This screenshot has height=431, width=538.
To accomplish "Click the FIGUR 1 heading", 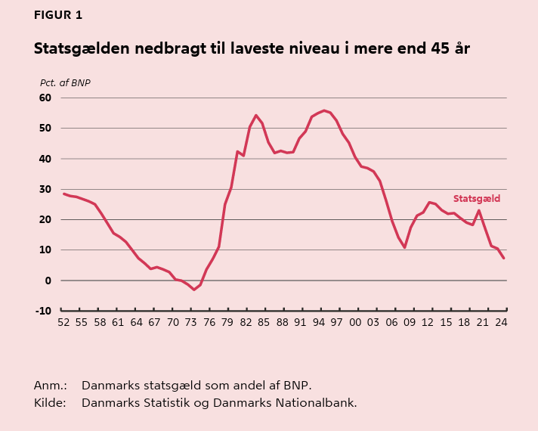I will (x=58, y=15).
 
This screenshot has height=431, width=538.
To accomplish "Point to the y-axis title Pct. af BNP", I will (x=65, y=82).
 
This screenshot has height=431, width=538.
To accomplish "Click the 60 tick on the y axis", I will (x=45, y=98).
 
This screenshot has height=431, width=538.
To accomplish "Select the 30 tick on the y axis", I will (x=45, y=189).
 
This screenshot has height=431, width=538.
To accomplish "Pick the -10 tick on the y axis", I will (x=43, y=311).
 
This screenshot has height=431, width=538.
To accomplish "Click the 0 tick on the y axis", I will (x=48, y=281).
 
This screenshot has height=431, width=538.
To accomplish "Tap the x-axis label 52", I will (x=63, y=322).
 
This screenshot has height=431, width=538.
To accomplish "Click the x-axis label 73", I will (x=191, y=322).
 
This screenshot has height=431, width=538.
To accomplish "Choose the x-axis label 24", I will (x=501, y=322).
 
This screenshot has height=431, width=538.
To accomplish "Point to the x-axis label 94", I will (x=319, y=322).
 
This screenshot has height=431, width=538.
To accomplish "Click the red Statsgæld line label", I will (x=476, y=199).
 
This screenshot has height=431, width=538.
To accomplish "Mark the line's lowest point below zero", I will (x=193, y=290).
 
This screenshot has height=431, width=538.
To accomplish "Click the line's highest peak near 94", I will (x=324, y=110).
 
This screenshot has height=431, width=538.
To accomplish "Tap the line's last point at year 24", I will (x=503, y=259).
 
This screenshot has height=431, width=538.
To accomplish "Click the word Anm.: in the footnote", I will (x=50, y=385).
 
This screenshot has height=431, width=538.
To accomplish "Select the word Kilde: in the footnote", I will (x=50, y=402).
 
